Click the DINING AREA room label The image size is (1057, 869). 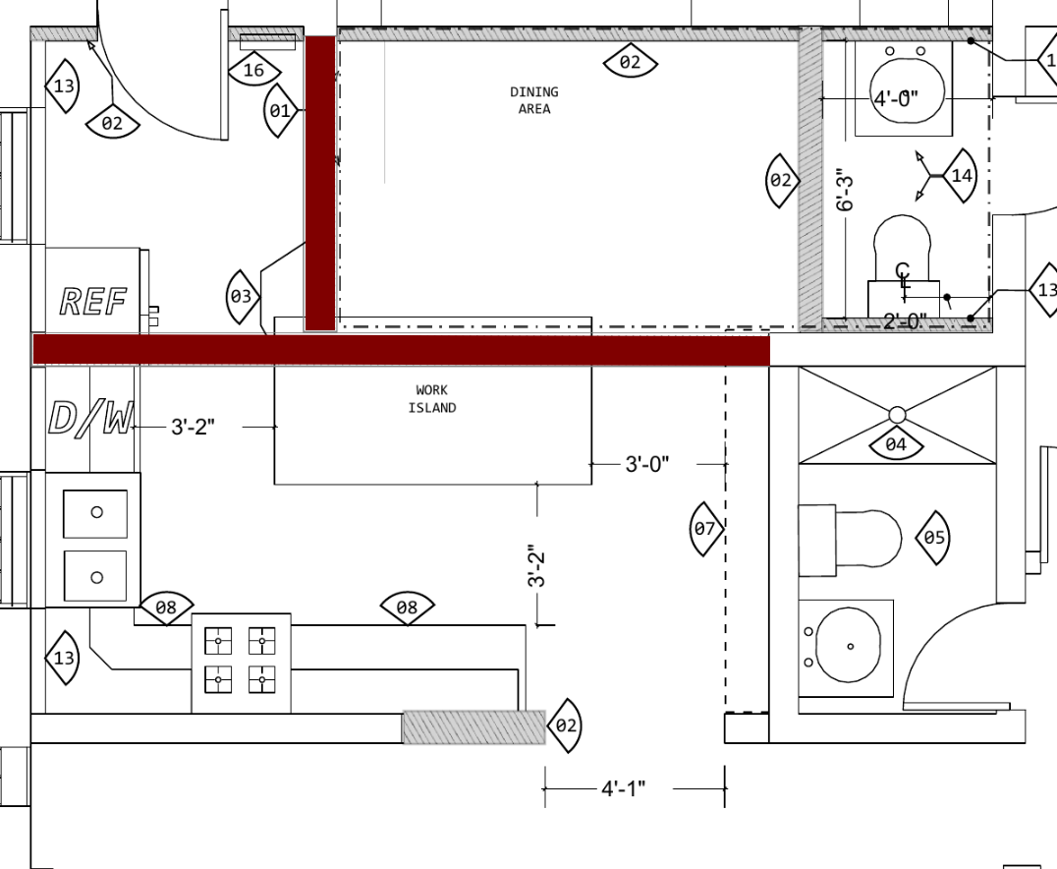[x=533, y=100]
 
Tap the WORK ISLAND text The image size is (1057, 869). [x=432, y=399]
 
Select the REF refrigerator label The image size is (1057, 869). [x=93, y=302]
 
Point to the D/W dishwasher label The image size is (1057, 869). [x=90, y=419]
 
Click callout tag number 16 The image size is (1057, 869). [x=254, y=68]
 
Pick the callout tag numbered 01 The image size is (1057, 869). [x=280, y=110]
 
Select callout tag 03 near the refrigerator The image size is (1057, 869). [x=242, y=296]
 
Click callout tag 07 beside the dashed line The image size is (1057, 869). [x=705, y=529]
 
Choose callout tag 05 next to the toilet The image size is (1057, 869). [x=933, y=538]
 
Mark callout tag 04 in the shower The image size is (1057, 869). [x=896, y=443]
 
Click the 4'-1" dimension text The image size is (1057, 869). [x=623, y=788]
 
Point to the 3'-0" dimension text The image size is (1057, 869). [x=647, y=464]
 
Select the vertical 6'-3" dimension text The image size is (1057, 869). [x=845, y=193]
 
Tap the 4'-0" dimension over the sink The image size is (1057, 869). [x=896, y=98]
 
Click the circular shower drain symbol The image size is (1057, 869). [x=897, y=414]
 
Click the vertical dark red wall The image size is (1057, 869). [x=320, y=184]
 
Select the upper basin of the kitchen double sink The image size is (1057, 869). [x=95, y=514]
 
